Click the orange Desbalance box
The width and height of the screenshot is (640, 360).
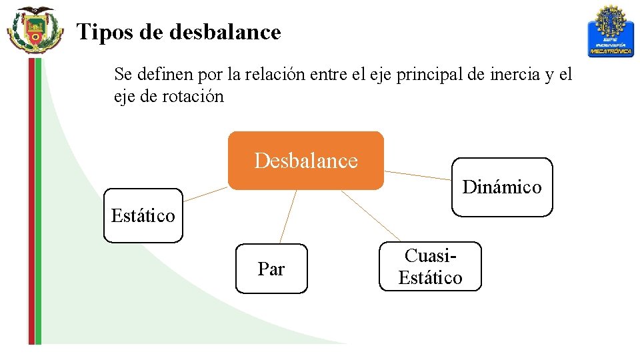tap(306, 161)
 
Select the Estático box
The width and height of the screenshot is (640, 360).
tap(143, 215)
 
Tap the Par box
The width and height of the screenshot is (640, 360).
tap(271, 269)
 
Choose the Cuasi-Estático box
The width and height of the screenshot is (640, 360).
tap(430, 266)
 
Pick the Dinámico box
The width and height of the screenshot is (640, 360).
tap(502, 187)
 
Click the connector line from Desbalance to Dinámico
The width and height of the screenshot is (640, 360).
tap(418, 175)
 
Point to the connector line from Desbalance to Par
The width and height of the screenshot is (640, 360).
tap(288, 217)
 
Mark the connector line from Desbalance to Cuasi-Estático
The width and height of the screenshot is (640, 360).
tap(371, 215)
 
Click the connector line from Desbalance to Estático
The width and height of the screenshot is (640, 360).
tap(205, 194)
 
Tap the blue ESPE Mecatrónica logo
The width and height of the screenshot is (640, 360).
tap(610, 31)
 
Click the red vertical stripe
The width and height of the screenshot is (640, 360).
tap(31, 200)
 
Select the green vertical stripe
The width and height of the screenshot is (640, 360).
tap(38, 200)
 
